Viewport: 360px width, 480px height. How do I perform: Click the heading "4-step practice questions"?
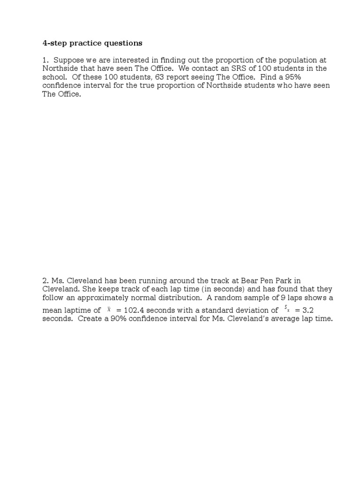point(92,43)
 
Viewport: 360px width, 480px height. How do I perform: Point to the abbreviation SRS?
point(215,68)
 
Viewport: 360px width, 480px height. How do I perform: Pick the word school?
point(53,77)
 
